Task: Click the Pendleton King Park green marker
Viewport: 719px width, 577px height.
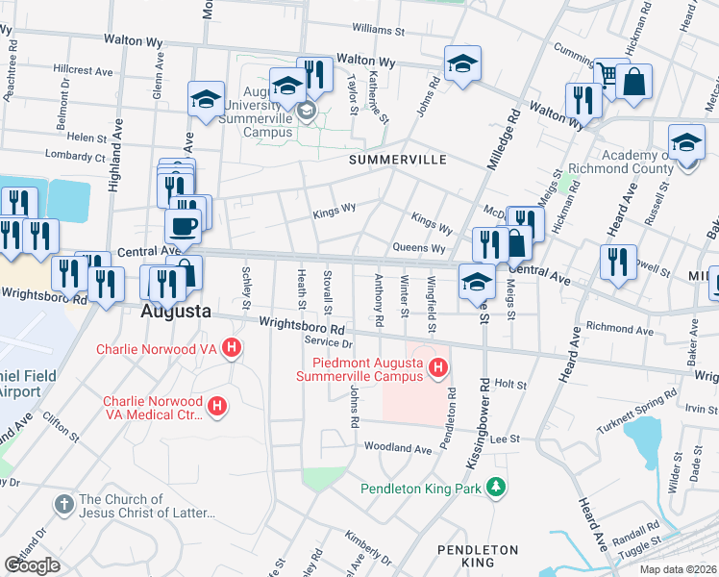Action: tap(496, 488)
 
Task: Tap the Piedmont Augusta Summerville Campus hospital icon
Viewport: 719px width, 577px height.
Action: tap(438, 366)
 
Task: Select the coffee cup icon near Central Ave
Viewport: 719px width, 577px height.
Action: tap(183, 227)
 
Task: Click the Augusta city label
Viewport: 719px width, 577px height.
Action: tap(176, 312)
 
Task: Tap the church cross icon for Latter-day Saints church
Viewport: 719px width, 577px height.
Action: tap(64, 504)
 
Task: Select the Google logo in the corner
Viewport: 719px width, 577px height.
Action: tap(32, 564)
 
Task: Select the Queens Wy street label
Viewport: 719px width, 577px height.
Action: tap(420, 248)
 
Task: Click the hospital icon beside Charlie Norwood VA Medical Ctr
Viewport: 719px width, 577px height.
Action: tap(218, 406)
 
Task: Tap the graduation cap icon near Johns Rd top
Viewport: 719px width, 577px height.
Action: tap(462, 63)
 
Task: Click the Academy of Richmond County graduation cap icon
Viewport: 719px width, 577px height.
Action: tap(686, 143)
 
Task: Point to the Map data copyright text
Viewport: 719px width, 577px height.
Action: tap(677, 569)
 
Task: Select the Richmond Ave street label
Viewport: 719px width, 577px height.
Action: tap(592, 328)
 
